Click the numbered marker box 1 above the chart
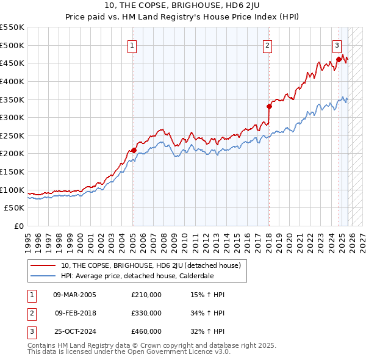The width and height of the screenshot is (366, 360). [x=132, y=45]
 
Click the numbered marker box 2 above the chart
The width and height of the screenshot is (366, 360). [x=267, y=45]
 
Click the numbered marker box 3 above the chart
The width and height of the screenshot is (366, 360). [x=336, y=45]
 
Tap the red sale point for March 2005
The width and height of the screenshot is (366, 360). [x=133, y=149]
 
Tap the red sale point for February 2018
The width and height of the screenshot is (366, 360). [x=268, y=106]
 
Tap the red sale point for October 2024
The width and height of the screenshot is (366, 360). [x=339, y=59]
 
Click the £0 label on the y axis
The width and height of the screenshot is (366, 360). [x=20, y=226]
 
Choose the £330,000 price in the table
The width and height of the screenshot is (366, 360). [x=146, y=313]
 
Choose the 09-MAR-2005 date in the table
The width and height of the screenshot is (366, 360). [x=75, y=295]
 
